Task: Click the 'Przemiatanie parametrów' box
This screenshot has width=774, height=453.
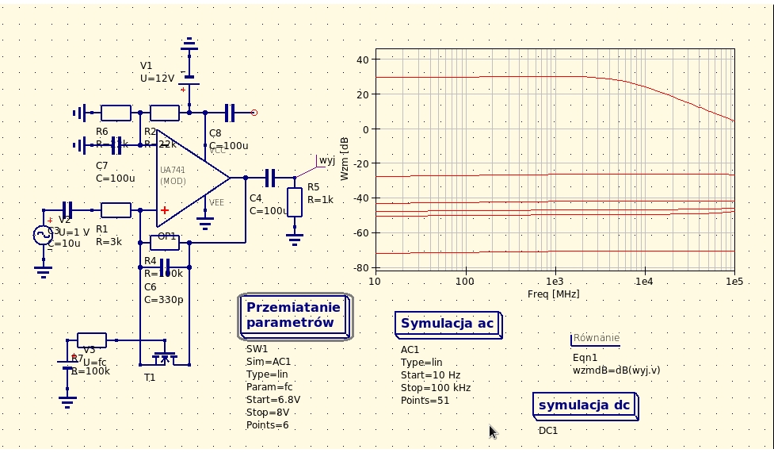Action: point(294,316)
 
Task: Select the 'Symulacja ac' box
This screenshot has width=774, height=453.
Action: point(448,324)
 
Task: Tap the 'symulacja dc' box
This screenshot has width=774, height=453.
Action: point(585,405)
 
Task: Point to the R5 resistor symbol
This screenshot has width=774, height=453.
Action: point(295,202)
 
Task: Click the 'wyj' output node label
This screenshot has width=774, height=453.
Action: point(326,161)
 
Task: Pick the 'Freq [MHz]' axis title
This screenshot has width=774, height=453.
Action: point(553,294)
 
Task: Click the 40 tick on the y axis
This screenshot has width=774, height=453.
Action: point(362,60)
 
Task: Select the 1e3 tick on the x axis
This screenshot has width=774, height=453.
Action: point(555,282)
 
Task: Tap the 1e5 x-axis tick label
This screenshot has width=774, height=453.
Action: point(734,282)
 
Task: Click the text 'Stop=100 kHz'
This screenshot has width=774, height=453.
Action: point(435,387)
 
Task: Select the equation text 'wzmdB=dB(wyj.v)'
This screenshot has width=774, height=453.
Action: point(616,370)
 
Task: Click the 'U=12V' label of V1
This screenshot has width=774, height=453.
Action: point(157,79)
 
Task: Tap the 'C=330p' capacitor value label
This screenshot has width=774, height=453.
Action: point(163,300)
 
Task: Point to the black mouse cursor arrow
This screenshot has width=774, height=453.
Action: point(493,432)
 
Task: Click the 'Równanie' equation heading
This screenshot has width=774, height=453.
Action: point(596,338)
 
